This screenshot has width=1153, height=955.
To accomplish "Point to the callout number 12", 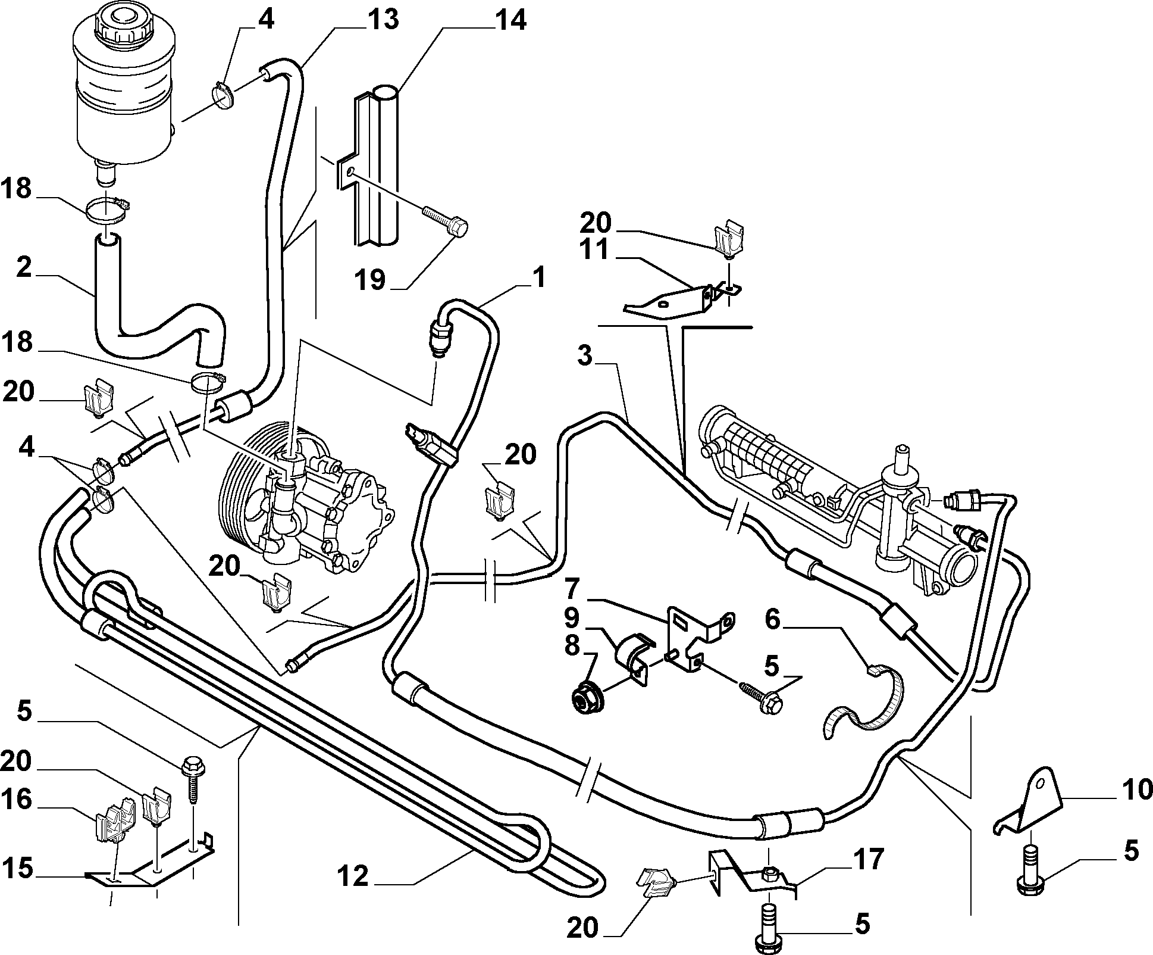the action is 353,876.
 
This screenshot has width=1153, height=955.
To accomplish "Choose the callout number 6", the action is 772,620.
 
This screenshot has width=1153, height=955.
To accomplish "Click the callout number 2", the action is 24,267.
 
